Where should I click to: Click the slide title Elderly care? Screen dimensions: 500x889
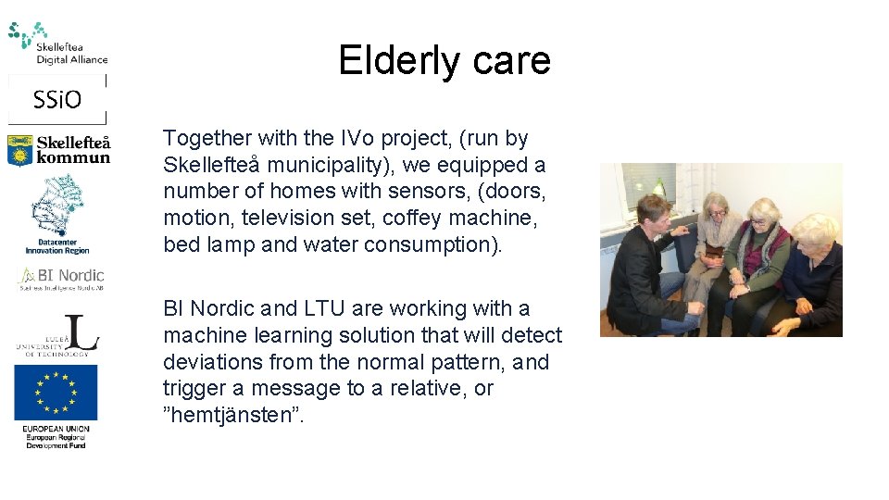[444, 61]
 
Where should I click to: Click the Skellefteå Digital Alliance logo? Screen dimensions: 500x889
[57, 44]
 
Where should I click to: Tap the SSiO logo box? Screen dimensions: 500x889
[57, 99]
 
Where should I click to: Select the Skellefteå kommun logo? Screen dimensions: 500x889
[58, 150]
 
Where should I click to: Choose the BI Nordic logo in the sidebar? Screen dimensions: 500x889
[61, 277]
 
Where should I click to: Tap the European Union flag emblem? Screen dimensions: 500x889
[56, 393]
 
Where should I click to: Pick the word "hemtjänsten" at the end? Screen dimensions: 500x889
[233, 416]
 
